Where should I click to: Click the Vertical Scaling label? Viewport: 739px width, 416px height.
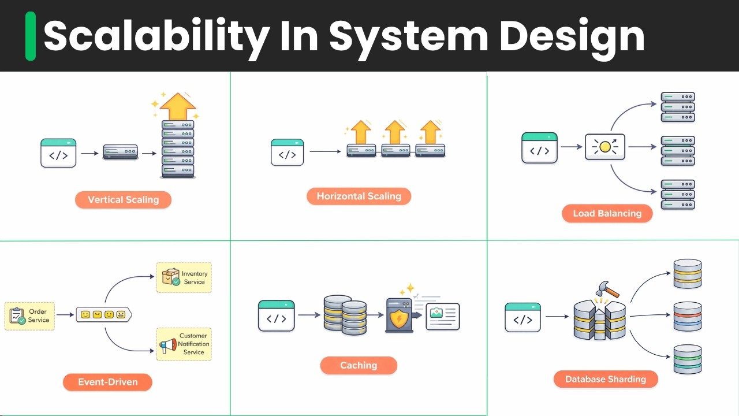pyautogui.click(x=123, y=200)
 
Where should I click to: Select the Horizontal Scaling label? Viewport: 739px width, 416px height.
pyautogui.click(x=359, y=196)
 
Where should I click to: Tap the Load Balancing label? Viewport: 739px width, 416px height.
pyautogui.click(x=607, y=213)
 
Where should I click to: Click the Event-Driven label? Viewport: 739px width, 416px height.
pyautogui.click(x=107, y=382)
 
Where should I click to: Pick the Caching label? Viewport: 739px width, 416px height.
pyautogui.click(x=359, y=365)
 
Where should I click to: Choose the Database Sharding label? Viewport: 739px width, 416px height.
pyautogui.click(x=605, y=379)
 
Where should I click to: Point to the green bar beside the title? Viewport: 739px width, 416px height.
pyautogui.click(x=31, y=36)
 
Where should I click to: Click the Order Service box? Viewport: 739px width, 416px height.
pyautogui.click(x=29, y=315)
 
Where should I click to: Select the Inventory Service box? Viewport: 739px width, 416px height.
pyautogui.click(x=184, y=278)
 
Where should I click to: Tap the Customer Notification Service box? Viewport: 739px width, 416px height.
pyautogui.click(x=184, y=344)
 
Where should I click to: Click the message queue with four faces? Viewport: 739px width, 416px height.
pyautogui.click(x=103, y=315)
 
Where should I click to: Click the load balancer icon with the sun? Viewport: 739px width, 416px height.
pyautogui.click(x=604, y=147)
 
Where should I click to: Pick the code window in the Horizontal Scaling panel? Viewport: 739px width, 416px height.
pyautogui.click(x=287, y=153)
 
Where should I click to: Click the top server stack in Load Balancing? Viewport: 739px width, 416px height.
pyautogui.click(x=677, y=107)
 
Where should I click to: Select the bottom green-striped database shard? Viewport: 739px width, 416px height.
pyautogui.click(x=687, y=359)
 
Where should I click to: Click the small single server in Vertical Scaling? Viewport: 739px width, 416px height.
pyautogui.click(x=120, y=153)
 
